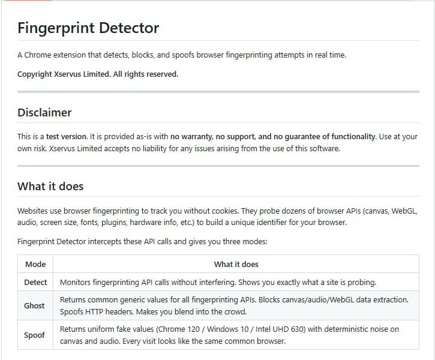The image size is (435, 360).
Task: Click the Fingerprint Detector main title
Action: coord(88,28)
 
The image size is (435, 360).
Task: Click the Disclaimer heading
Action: coord(44,112)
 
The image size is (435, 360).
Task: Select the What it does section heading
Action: coord(50,186)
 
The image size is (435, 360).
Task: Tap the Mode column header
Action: coord(35,264)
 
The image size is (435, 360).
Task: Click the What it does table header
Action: coord(236,264)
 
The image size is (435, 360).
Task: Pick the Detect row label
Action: coord(35,282)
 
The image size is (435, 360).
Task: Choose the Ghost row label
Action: coord(34,305)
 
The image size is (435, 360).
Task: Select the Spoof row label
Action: coord(34,335)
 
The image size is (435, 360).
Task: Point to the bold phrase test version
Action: coord(67,136)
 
